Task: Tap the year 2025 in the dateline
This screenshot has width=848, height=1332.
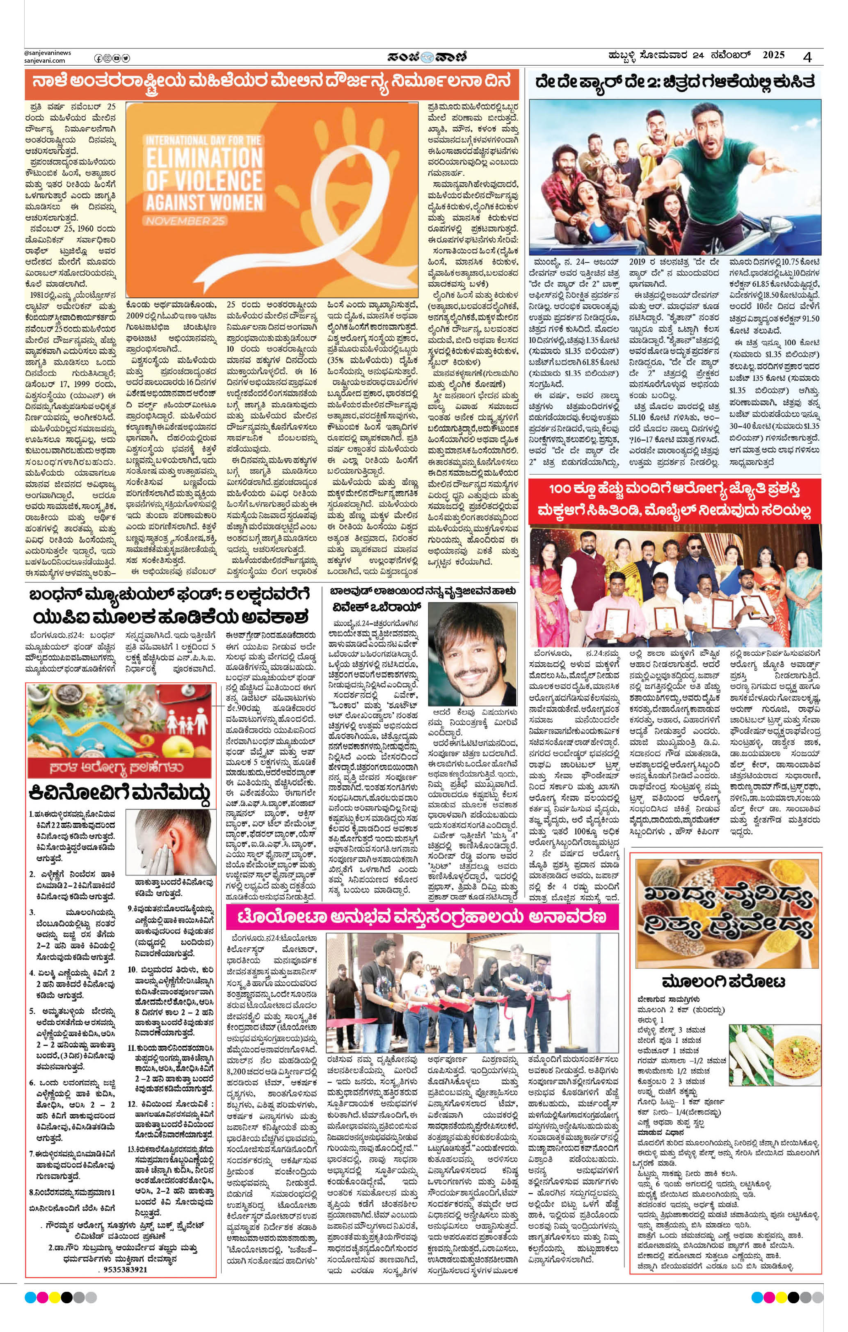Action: (x=773, y=55)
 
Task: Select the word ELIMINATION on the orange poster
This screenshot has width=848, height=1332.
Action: (x=204, y=157)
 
